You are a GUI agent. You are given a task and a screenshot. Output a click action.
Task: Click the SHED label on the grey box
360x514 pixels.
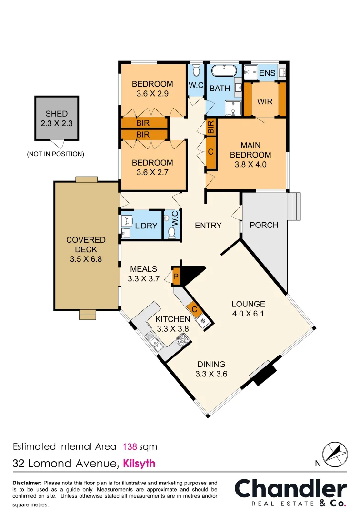57,114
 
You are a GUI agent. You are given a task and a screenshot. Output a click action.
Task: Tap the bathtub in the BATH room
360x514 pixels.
224,72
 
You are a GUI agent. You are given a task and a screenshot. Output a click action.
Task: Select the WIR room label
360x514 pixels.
264,102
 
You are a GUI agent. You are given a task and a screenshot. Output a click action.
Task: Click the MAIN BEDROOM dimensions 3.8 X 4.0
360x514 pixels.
250,165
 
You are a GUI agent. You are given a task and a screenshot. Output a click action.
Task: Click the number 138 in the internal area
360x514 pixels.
130,446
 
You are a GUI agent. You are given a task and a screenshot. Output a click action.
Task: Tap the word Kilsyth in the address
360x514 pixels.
139,463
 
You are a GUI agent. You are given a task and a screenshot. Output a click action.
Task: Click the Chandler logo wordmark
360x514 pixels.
290,489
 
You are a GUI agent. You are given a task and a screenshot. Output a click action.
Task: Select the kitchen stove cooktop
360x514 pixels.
182,339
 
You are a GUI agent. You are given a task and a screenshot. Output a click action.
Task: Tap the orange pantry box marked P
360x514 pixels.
176,277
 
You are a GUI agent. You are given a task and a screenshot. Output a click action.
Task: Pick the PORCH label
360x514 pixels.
264,225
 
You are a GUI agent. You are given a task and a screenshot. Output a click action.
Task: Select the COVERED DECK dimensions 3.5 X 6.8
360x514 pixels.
86,259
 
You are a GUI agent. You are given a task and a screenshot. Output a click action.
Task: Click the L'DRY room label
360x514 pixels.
146,226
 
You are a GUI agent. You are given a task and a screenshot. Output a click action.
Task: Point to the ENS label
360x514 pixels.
267,73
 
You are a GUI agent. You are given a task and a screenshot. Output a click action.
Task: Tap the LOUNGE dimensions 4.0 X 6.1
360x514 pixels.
248,314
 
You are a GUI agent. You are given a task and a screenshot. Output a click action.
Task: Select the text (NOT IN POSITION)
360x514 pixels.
56,154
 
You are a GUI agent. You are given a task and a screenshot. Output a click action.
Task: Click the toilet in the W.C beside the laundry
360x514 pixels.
172,231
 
